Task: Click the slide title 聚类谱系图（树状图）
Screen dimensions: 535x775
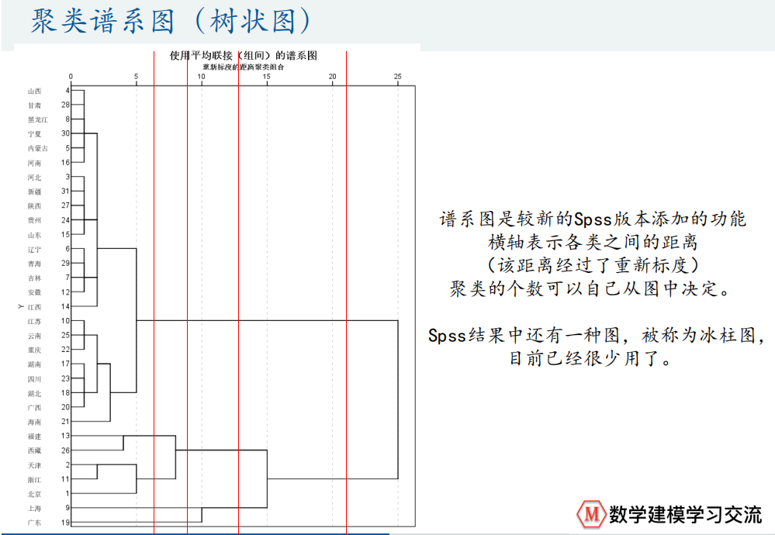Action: (x=171, y=21)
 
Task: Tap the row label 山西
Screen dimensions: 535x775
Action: (x=34, y=91)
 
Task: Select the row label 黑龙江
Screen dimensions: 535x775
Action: (x=38, y=119)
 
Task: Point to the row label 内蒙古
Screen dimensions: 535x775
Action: (x=38, y=148)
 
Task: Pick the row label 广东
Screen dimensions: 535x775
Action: (x=34, y=523)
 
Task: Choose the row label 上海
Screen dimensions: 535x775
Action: (x=34, y=508)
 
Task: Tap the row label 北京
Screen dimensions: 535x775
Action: (x=34, y=494)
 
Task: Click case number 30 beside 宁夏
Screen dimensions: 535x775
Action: (x=66, y=133)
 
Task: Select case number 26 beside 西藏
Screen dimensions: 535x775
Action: (x=66, y=450)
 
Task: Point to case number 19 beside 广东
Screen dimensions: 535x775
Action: (x=66, y=523)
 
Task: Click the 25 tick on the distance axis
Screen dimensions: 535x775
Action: (x=398, y=76)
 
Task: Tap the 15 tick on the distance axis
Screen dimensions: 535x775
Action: (x=267, y=76)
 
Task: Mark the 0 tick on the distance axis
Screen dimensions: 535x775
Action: (x=71, y=76)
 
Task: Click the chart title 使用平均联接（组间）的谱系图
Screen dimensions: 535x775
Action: (x=244, y=55)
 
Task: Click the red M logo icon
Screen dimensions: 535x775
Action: (x=592, y=513)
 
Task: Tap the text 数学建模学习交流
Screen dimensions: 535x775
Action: (x=686, y=514)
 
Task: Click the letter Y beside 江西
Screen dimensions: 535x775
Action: (x=20, y=307)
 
